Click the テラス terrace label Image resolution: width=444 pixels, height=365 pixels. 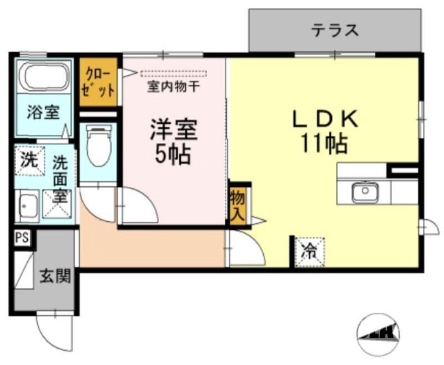click(335, 30)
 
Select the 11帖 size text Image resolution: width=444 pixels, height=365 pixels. click(324, 144)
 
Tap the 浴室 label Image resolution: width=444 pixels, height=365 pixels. click(43, 113)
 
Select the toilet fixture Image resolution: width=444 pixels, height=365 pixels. click(98, 146)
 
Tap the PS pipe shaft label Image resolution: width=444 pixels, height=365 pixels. click(22, 239)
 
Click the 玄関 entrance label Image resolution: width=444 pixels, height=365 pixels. click(54, 276)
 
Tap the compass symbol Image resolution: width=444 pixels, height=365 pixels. click(379, 332)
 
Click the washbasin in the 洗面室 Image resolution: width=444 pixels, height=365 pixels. click(26, 206)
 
